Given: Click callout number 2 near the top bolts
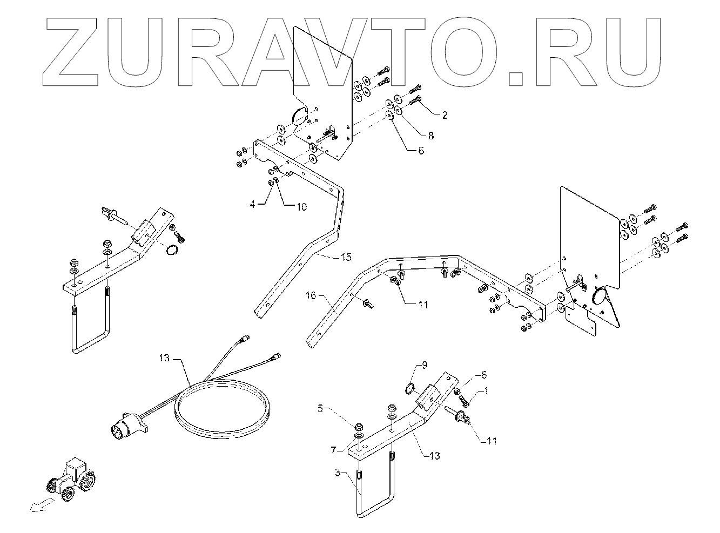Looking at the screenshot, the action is pyautogui.click(x=444, y=115).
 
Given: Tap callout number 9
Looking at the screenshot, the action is pyautogui.click(x=424, y=365).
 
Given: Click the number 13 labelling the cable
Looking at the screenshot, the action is pyautogui.click(x=165, y=357).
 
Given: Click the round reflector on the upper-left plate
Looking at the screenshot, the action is pyautogui.click(x=299, y=117).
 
